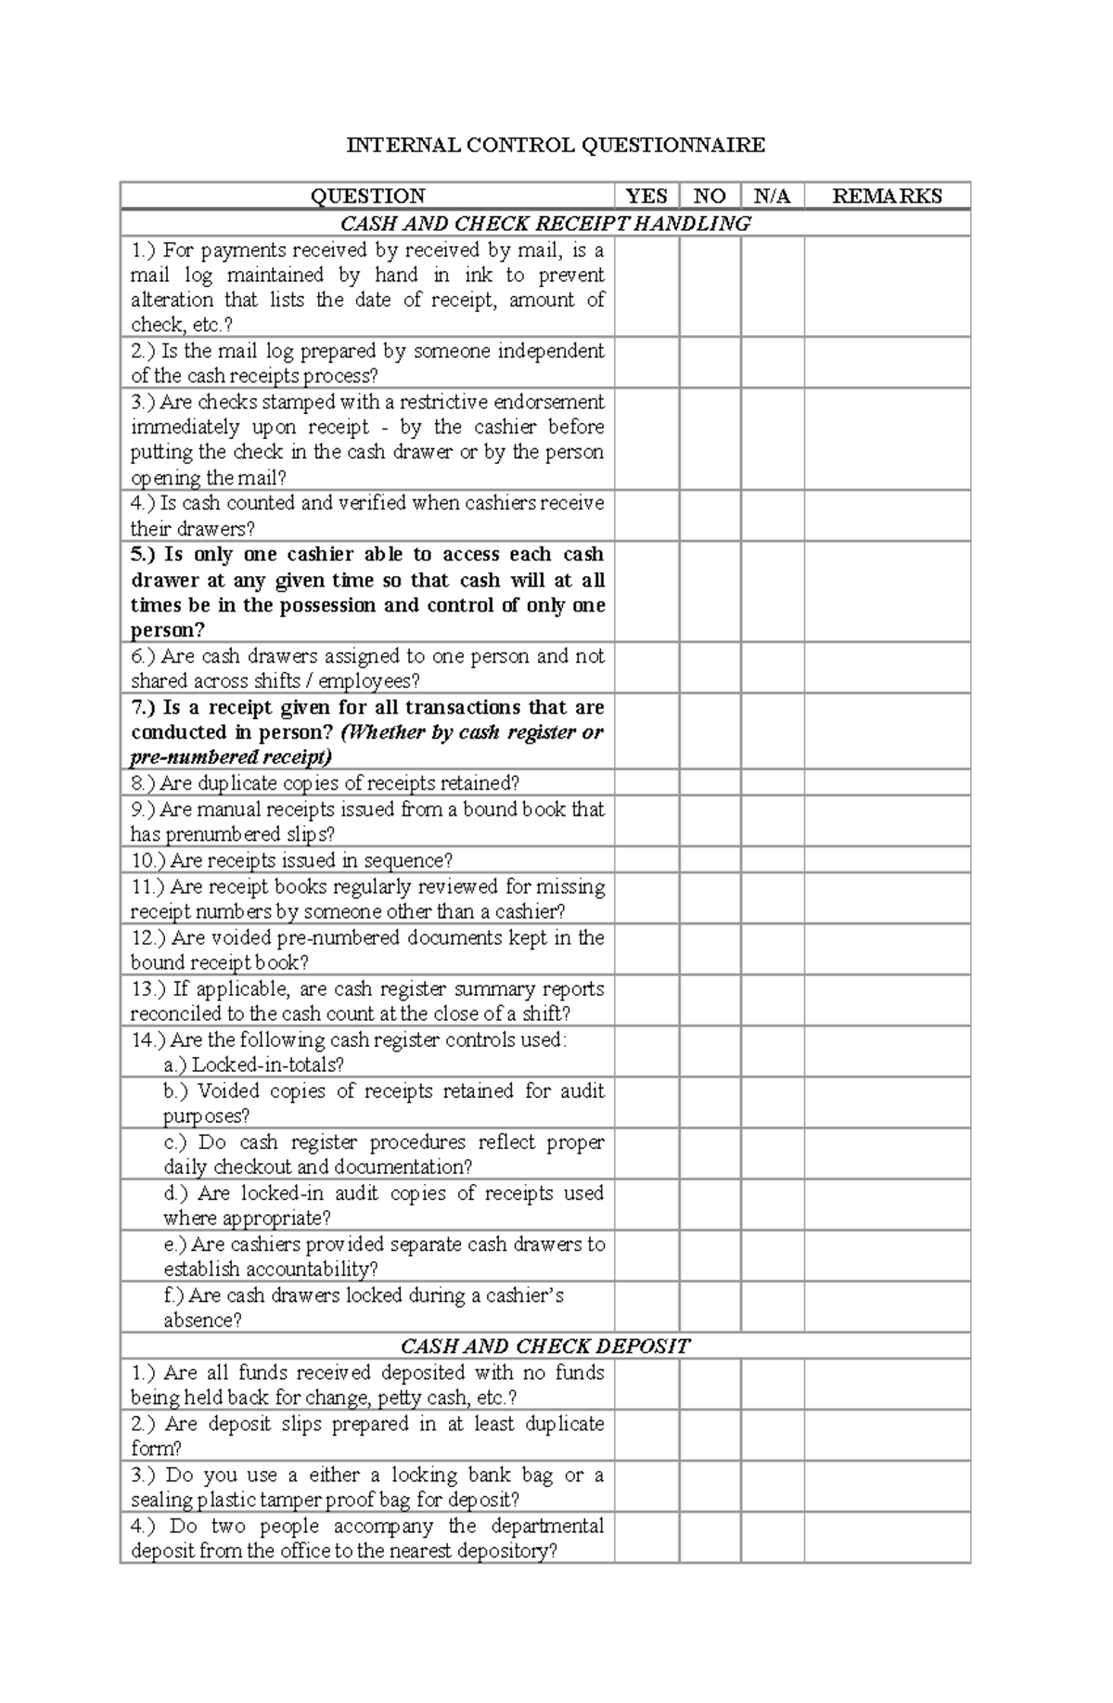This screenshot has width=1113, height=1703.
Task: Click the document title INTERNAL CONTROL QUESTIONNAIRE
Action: tap(556, 145)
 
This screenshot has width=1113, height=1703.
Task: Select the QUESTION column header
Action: tap(367, 196)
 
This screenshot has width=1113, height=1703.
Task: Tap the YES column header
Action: tap(646, 196)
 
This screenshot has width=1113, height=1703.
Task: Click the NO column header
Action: tap(710, 196)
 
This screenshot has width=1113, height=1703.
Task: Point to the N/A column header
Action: tap(772, 196)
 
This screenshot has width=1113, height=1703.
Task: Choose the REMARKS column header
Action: tap(887, 196)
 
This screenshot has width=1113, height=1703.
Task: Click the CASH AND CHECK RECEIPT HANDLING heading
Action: tap(545, 223)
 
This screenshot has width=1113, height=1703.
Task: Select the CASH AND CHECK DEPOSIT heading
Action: tap(545, 1346)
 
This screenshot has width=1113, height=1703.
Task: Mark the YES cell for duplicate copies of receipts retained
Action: tap(646, 782)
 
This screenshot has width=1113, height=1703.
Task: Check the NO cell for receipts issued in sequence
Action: tap(710, 859)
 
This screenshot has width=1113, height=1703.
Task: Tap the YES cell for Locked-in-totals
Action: tap(646, 1051)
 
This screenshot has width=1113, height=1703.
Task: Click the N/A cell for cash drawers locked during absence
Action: tap(772, 1307)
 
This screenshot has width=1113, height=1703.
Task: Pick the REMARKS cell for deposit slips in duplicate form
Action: tap(887, 1435)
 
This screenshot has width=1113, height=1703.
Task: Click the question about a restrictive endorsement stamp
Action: tap(367, 439)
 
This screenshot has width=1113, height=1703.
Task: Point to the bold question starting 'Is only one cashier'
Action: tap(367, 592)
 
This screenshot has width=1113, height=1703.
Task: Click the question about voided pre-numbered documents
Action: tap(367, 949)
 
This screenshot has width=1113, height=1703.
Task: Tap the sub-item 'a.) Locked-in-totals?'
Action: tap(254, 1064)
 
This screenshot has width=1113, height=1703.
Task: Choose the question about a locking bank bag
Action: tap(367, 1486)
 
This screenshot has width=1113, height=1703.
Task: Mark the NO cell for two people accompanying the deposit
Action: tap(710, 1537)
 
